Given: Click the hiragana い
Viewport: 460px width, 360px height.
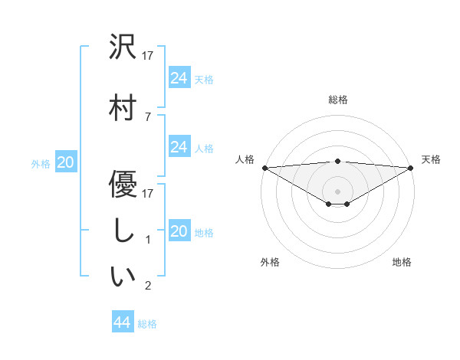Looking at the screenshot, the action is [x=123, y=277].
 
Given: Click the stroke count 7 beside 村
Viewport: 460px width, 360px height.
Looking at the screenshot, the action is [x=147, y=116].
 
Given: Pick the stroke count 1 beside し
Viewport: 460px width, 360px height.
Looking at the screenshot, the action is [x=147, y=240].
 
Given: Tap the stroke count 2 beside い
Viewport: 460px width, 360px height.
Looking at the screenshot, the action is [x=147, y=286].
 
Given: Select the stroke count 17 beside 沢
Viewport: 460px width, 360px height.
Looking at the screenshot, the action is [x=149, y=56].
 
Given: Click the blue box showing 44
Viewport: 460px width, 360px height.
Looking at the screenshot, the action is [x=123, y=322].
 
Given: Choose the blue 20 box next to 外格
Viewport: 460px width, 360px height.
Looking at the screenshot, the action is [x=66, y=162].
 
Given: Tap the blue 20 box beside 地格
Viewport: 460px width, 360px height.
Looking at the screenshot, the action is [x=179, y=231].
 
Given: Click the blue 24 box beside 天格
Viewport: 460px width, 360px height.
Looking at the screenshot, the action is [x=179, y=78].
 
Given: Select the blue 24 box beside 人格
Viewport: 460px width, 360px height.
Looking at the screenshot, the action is [x=179, y=147].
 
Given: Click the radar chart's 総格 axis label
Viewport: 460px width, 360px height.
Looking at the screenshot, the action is [x=338, y=100].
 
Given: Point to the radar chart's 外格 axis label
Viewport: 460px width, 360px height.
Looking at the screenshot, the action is [x=270, y=262].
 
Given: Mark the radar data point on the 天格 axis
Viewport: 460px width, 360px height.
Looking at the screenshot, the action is [x=412, y=167].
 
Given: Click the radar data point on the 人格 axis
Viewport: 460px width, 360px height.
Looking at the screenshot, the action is [x=264, y=167].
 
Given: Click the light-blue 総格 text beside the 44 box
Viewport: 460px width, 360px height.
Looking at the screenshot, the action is [x=147, y=324].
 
